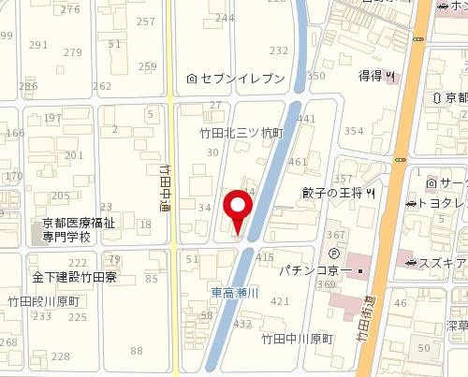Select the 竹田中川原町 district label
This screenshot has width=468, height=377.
(297, 338)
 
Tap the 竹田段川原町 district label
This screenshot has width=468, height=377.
(46, 302)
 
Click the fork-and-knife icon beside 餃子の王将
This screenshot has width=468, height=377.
(372, 194)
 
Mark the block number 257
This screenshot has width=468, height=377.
(145, 21)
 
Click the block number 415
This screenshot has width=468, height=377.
(264, 256)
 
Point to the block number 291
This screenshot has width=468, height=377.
(38, 45)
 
